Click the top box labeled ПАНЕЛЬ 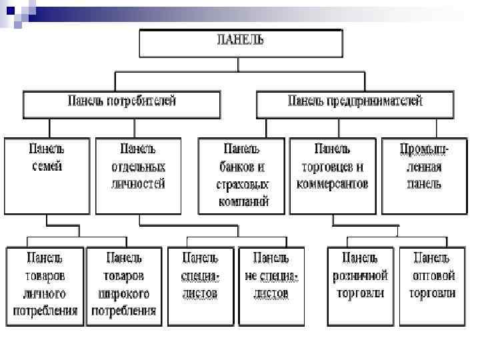[241, 44]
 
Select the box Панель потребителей [121, 104]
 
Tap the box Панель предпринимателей [355, 104]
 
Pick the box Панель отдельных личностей [138, 175]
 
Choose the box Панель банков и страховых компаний [242, 175]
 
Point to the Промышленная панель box [420, 175]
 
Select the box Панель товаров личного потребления [45, 285]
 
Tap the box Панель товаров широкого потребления [124, 285]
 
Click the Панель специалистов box [201, 285]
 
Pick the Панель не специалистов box [271, 285]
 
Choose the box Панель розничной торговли [360, 285]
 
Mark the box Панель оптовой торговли [433, 285]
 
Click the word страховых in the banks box [242, 183]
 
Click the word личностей [138, 183]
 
